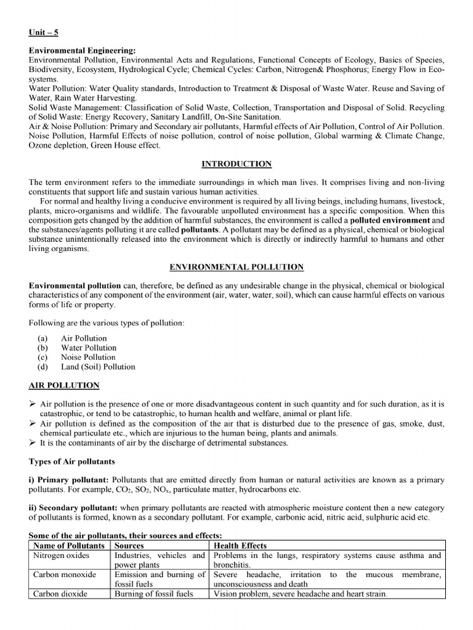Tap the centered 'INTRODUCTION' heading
(x=236, y=164)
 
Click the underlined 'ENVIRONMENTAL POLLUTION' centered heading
(x=236, y=267)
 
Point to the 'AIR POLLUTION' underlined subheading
(x=64, y=385)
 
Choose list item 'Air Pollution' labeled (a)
(x=84, y=338)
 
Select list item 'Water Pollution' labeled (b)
(x=88, y=348)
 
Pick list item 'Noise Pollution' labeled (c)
(x=88, y=357)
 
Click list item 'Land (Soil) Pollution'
(x=98, y=367)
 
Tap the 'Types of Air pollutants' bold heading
(x=71, y=461)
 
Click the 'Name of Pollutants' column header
(x=68, y=546)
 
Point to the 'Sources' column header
(x=129, y=546)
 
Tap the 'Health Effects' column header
(x=240, y=546)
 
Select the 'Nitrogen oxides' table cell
(x=61, y=556)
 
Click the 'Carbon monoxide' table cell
(x=64, y=575)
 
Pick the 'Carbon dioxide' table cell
(x=60, y=594)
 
